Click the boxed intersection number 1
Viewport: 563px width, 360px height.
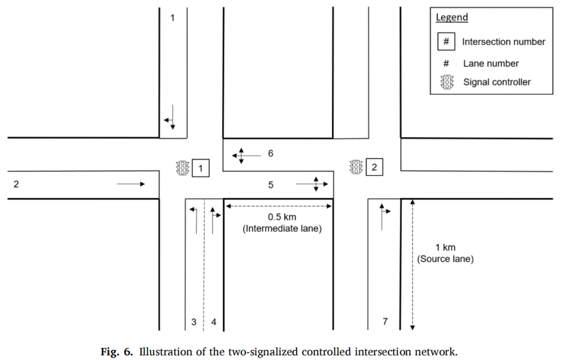(200, 168)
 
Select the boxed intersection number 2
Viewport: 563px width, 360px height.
(374, 167)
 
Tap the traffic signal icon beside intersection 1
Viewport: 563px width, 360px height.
(182, 168)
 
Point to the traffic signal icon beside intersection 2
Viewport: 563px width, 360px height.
(356, 167)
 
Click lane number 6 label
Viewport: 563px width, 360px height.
(271, 153)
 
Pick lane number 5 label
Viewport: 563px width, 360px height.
(271, 185)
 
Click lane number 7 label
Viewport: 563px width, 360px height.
(385, 321)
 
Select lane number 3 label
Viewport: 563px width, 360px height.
(194, 321)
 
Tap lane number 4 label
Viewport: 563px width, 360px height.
(214, 321)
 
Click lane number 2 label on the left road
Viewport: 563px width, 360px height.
(16, 184)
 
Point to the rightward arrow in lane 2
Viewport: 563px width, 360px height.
(131, 184)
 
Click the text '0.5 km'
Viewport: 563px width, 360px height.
(282, 217)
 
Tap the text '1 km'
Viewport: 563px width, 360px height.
(445, 247)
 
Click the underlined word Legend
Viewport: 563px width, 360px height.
(452, 17)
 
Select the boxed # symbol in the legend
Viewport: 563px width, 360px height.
(446, 41)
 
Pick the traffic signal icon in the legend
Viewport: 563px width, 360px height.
(447, 82)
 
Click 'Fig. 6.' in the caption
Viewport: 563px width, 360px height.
(116, 351)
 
